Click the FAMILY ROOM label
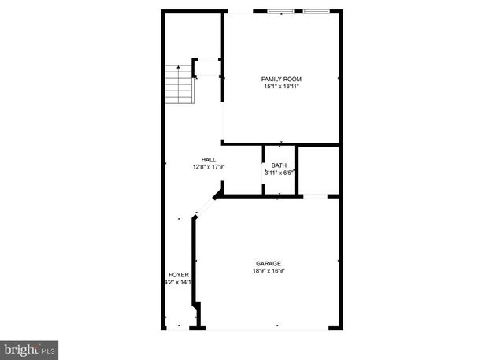pos(281,79)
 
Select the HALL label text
pos(209,159)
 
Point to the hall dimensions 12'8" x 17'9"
pos(209,166)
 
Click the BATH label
pos(279,165)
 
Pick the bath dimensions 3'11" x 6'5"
pos(279,173)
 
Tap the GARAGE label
pos(268,263)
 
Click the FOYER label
pos(178,274)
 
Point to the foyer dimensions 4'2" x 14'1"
pos(178,281)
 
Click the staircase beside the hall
pos(179,83)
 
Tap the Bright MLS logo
pos(29,347)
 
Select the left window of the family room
pos(280,12)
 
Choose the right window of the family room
pos(316,12)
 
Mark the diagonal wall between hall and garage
pos(206,207)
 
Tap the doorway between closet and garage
pos(315,195)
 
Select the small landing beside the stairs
pos(207,68)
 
